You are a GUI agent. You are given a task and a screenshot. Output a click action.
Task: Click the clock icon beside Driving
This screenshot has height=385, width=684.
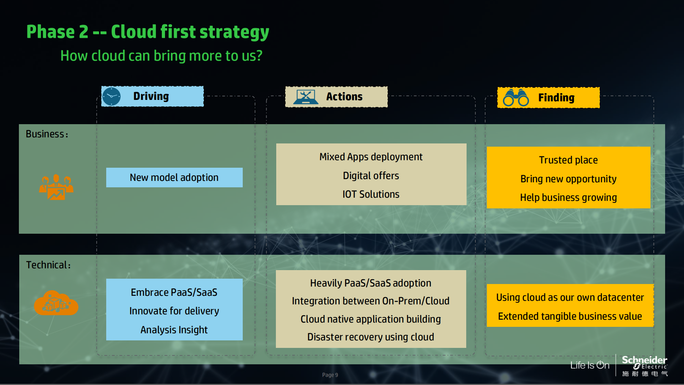[x=112, y=96]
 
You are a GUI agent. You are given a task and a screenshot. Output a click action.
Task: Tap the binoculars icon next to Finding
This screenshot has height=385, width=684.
[x=516, y=98]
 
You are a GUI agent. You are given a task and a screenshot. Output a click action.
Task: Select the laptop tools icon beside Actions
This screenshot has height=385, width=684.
[x=305, y=97]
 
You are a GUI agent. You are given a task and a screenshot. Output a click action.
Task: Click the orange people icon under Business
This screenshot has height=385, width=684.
[x=56, y=187]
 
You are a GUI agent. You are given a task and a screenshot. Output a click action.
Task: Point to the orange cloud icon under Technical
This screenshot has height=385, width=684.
[x=56, y=303]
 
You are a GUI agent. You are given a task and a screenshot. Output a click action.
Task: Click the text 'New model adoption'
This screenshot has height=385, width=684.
[x=174, y=177]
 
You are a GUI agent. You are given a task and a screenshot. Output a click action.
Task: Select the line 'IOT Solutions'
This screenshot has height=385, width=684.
[x=371, y=194]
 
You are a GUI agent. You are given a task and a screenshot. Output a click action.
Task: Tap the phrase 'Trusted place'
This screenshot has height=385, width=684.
[x=568, y=160]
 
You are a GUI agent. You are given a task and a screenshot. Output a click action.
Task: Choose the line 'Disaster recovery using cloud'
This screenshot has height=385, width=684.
[x=371, y=337]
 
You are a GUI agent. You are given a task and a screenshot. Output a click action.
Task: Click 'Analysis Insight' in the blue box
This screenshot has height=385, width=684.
[x=174, y=330]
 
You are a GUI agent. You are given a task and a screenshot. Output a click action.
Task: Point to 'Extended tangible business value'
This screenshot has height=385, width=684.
[x=570, y=316]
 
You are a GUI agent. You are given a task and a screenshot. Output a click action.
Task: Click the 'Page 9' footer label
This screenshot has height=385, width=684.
[x=330, y=375]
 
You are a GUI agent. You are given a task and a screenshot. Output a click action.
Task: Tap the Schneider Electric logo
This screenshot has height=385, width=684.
[x=644, y=366]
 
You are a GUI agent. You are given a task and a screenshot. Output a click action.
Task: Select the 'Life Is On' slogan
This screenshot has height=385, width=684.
[x=590, y=365]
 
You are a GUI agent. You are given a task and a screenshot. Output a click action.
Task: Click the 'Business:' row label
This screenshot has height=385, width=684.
[x=47, y=134]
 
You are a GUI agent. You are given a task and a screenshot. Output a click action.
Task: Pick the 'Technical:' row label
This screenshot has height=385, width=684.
[x=48, y=265]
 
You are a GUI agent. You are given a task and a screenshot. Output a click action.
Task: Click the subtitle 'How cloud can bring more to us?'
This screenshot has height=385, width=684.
[x=161, y=56]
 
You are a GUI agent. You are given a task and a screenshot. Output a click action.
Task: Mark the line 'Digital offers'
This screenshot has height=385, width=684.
[x=371, y=176]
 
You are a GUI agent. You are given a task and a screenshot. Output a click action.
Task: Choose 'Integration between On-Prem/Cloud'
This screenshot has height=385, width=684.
[x=371, y=301]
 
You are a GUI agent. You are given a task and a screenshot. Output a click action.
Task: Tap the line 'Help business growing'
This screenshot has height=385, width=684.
[x=568, y=197]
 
